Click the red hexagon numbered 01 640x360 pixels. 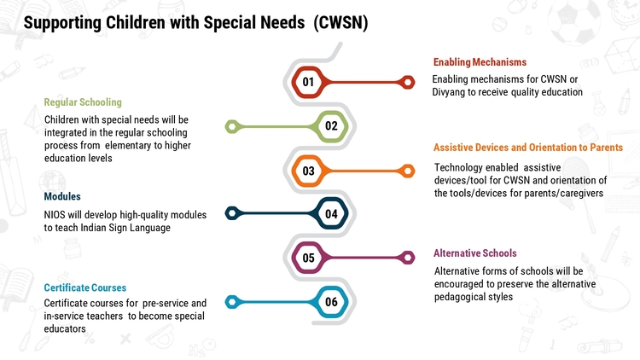308,82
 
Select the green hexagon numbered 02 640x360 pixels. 331,126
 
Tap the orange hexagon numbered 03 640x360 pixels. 308,171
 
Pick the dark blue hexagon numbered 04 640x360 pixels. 331,213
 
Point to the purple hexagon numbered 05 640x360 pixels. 308,258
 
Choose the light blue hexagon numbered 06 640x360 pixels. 331,302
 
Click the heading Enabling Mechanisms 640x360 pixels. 480,62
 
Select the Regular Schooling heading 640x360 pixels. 83,102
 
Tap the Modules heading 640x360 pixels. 62,196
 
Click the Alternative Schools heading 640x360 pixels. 474,253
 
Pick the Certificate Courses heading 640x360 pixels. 84,287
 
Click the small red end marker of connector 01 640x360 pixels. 407,82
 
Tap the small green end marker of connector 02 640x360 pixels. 232,126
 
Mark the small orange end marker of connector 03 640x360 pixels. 407,171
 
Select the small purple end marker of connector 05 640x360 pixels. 407,258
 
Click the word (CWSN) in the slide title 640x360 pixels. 340,22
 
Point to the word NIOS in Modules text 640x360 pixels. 55,215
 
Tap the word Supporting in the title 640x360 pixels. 62,23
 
